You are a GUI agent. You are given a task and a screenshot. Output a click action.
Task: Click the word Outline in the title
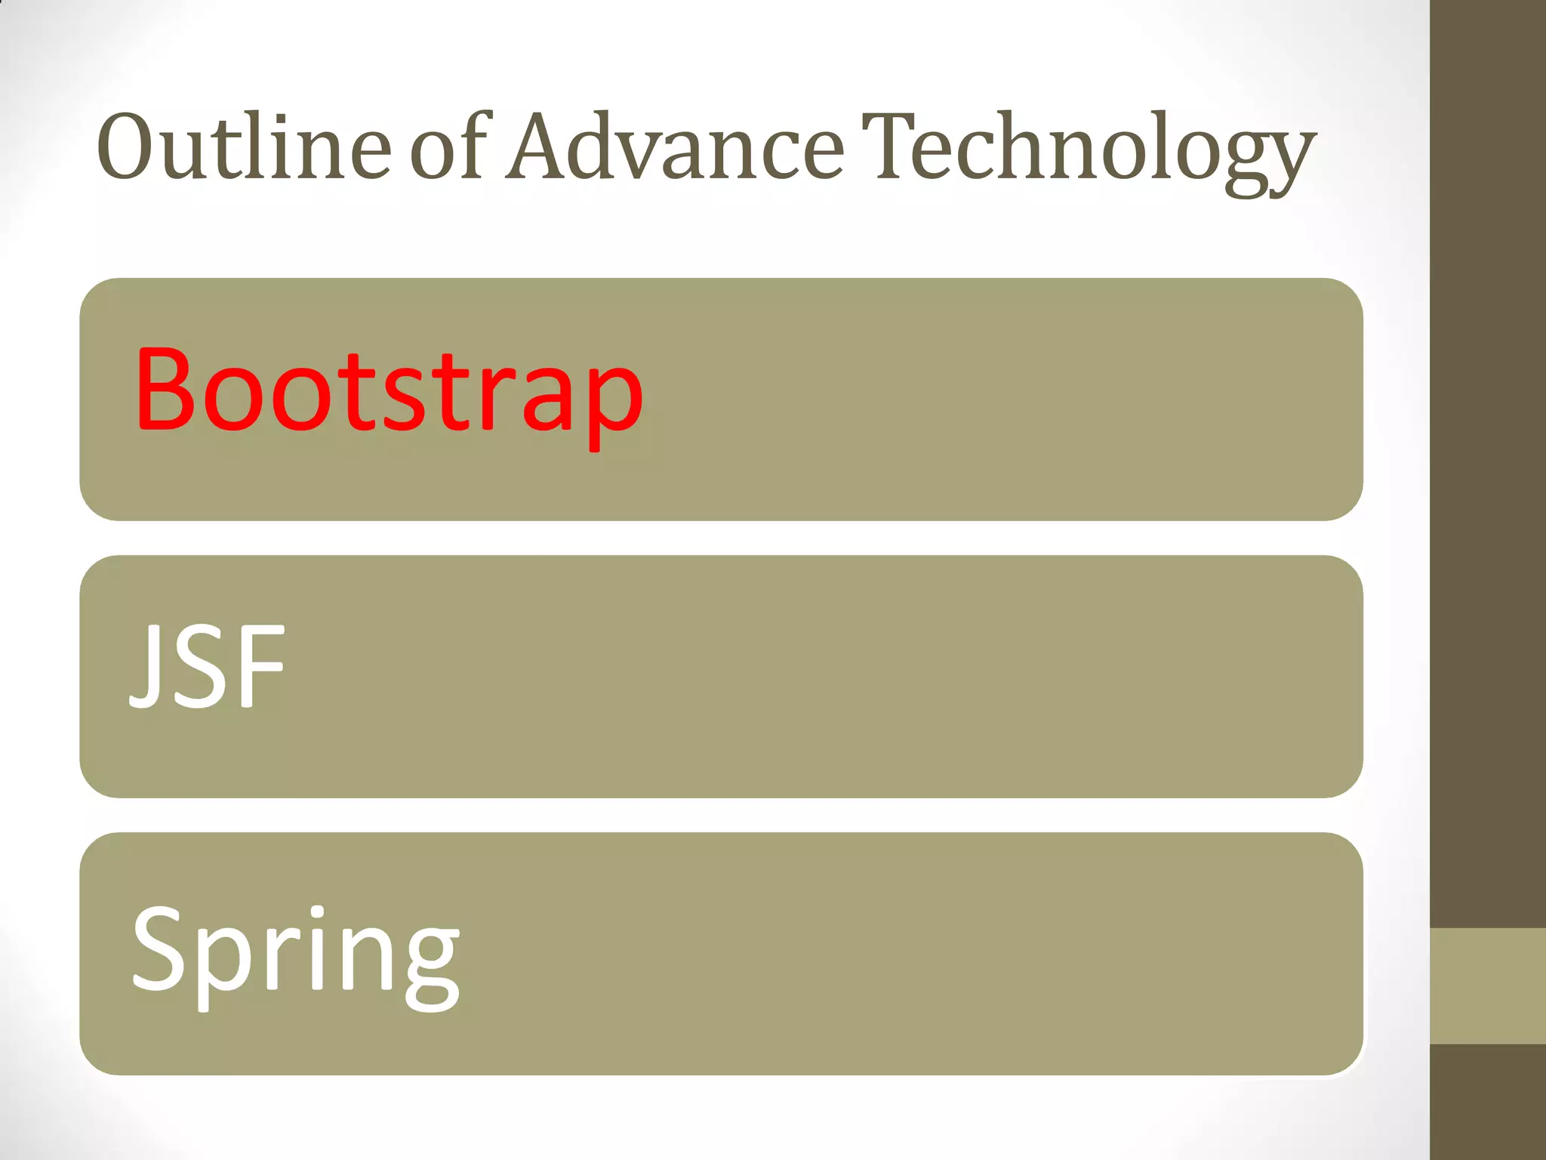pyautogui.click(x=243, y=147)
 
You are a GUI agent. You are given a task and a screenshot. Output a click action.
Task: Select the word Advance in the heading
pyautogui.click(x=674, y=147)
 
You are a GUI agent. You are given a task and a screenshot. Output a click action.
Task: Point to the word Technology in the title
pyautogui.click(x=1088, y=151)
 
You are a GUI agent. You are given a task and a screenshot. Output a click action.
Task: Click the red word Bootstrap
pyautogui.click(x=388, y=393)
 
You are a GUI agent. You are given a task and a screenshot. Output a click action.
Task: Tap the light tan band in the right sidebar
pyautogui.click(x=1488, y=986)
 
